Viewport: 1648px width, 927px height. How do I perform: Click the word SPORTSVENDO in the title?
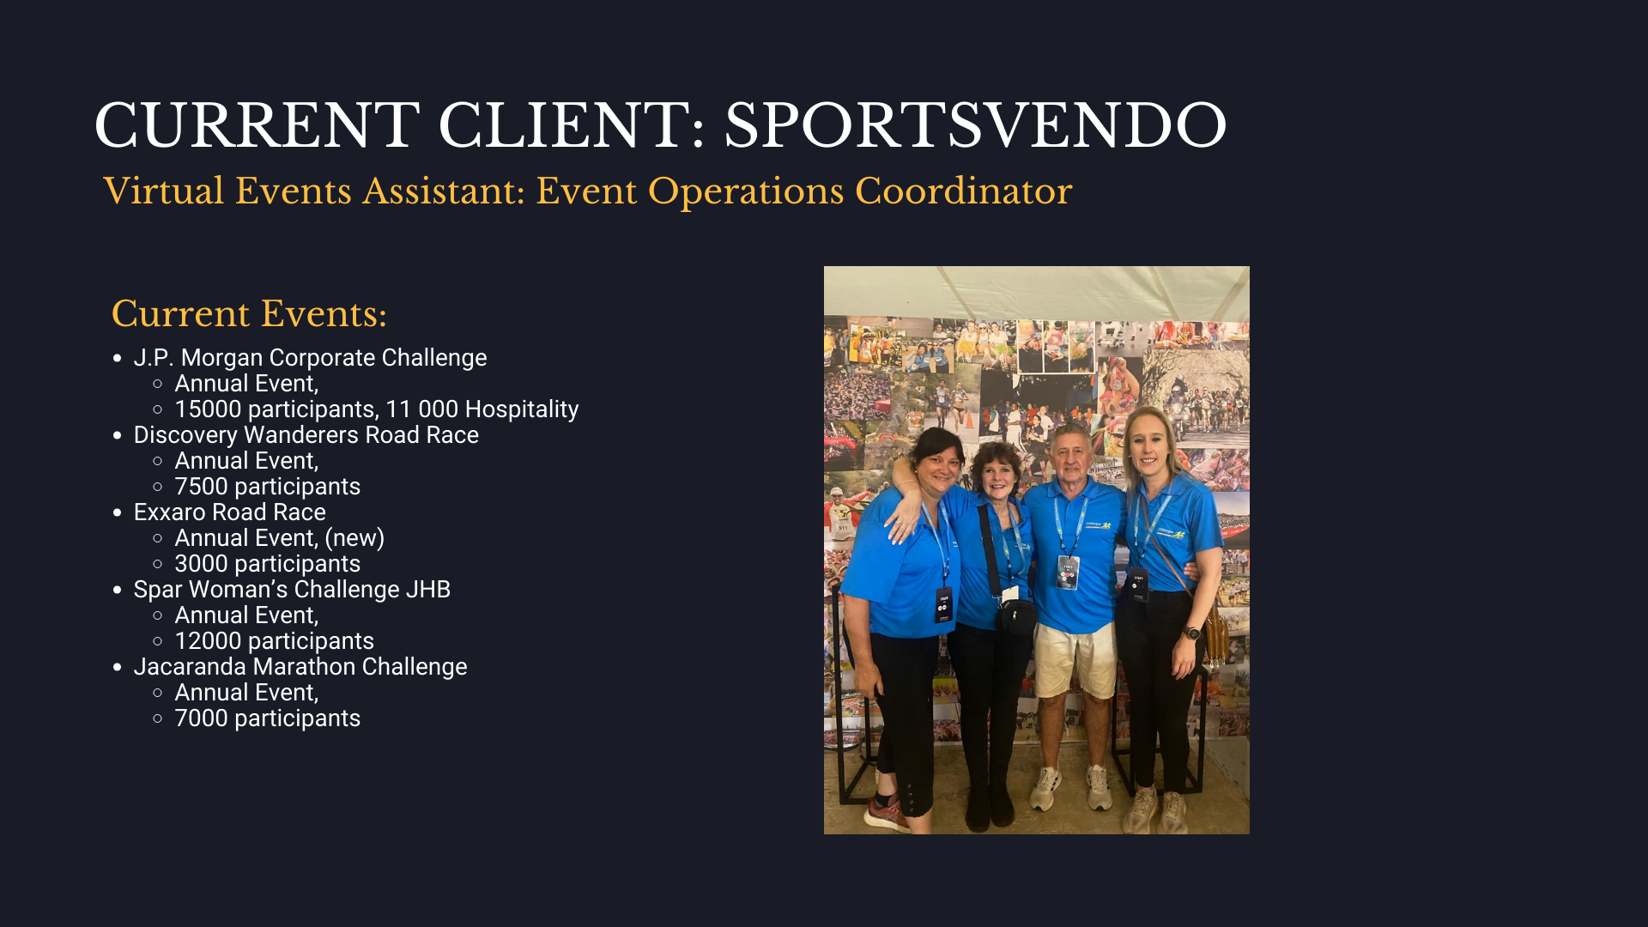975,125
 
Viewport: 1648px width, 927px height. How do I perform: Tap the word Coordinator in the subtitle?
963,191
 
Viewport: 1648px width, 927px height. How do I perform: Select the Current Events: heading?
249,313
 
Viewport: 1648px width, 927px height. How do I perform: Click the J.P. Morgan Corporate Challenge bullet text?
310,357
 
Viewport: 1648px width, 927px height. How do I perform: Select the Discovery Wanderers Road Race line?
306,435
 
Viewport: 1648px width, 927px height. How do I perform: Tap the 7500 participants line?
267,487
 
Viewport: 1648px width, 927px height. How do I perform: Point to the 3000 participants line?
267,564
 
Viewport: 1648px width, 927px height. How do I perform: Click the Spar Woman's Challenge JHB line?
292,590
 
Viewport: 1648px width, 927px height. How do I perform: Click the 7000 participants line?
267,718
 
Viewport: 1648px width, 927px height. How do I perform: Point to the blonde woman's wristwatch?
1192,633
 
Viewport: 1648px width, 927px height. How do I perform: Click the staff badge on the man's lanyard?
1068,573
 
